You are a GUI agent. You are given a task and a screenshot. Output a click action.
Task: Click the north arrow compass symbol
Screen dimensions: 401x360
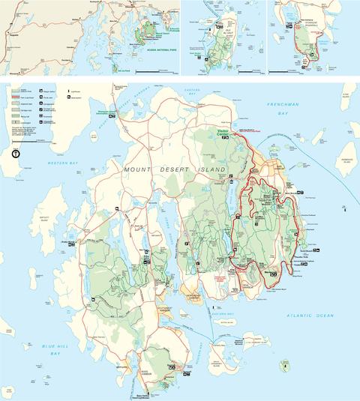click(16, 153)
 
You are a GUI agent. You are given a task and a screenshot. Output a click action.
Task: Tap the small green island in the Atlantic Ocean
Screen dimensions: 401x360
click(284, 365)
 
